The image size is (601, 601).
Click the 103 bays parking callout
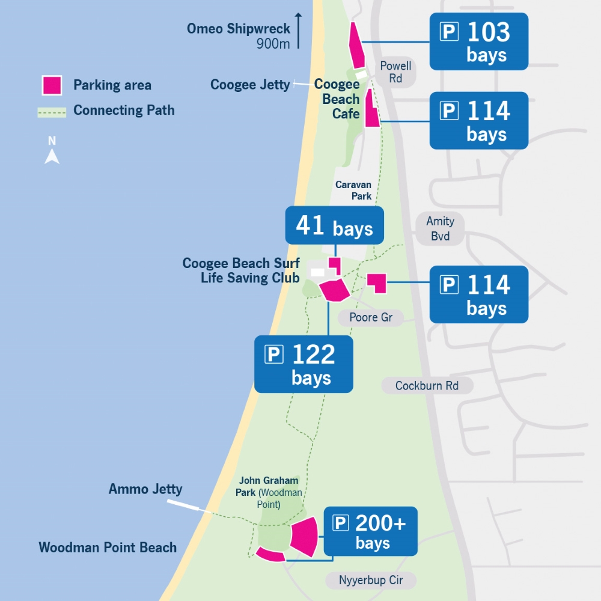tap(478, 41)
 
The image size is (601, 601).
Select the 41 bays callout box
tap(334, 226)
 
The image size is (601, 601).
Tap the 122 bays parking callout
tap(304, 364)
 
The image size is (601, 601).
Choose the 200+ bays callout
tap(370, 531)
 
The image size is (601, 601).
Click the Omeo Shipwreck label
tap(239, 29)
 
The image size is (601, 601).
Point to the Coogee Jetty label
tap(250, 85)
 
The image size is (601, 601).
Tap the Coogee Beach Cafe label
tap(337, 99)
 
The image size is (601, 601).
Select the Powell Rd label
tap(395, 72)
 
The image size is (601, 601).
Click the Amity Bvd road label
tap(440, 229)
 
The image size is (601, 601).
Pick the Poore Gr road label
tap(371, 317)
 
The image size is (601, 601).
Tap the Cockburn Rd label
tap(427, 386)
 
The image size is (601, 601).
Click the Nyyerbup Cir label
tap(371, 581)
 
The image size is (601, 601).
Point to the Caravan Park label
tap(353, 191)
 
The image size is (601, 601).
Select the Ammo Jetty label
tap(145, 489)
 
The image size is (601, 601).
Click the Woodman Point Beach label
tap(108, 548)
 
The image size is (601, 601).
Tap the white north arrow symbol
tap(52, 156)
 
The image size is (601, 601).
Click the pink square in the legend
tap(52, 85)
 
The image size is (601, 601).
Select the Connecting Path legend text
tap(124, 111)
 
